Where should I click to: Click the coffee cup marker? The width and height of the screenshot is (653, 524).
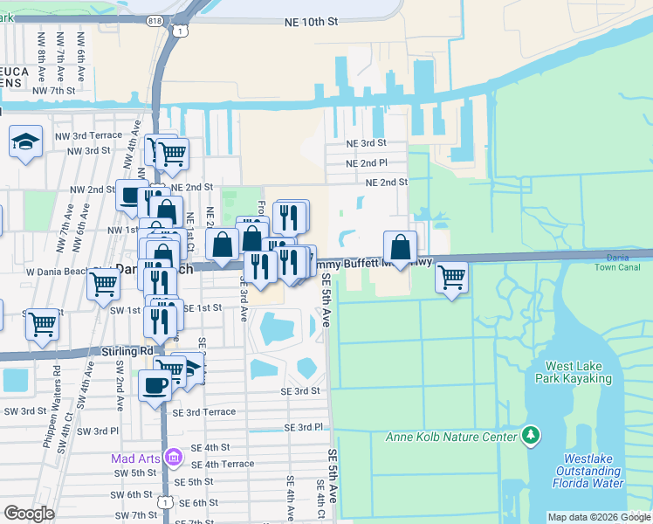coord(155,385)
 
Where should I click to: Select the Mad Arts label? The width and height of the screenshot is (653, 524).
coord(134,458)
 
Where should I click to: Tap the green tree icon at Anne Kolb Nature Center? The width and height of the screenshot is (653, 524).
coord(529,435)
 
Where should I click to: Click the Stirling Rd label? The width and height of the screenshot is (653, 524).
coord(127,351)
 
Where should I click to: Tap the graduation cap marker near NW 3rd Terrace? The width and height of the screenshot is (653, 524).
coord(26,141)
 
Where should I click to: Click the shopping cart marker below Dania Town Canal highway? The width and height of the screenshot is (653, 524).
coord(451,279)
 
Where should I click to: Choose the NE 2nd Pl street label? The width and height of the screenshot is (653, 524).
coord(366,163)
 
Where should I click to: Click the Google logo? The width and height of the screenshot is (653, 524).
coord(30,514)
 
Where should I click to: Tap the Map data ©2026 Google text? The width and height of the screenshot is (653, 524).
coord(598,518)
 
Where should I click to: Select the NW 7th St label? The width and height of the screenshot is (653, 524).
coord(54,90)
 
